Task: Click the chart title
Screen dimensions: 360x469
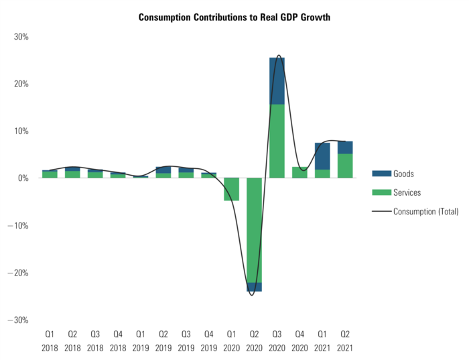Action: pyautogui.click(x=234, y=17)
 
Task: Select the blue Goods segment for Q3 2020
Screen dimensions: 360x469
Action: pyautogui.click(x=277, y=80)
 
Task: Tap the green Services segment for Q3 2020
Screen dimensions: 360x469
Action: pyautogui.click(x=277, y=141)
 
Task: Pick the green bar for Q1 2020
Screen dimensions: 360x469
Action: pyautogui.click(x=232, y=189)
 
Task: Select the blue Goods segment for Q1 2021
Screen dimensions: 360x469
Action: pyautogui.click(x=323, y=156)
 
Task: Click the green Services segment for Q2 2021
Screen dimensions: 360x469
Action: pyautogui.click(x=345, y=166)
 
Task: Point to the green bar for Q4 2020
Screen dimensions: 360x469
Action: pyautogui.click(x=300, y=172)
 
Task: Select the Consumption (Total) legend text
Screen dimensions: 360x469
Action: pyautogui.click(x=425, y=211)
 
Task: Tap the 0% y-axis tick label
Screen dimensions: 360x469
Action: pyautogui.click(x=23, y=178)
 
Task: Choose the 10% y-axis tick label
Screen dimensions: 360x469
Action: pyautogui.click(x=21, y=131)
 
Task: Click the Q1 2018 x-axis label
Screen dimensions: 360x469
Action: pyautogui.click(x=50, y=341)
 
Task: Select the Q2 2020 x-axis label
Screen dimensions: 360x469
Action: pyautogui.click(x=255, y=341)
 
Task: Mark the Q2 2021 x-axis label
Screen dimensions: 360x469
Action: pyautogui.click(x=345, y=341)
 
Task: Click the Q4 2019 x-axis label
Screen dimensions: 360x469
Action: pyautogui.click(x=209, y=341)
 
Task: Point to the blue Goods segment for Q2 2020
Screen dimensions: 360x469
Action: pyautogui.click(x=255, y=288)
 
